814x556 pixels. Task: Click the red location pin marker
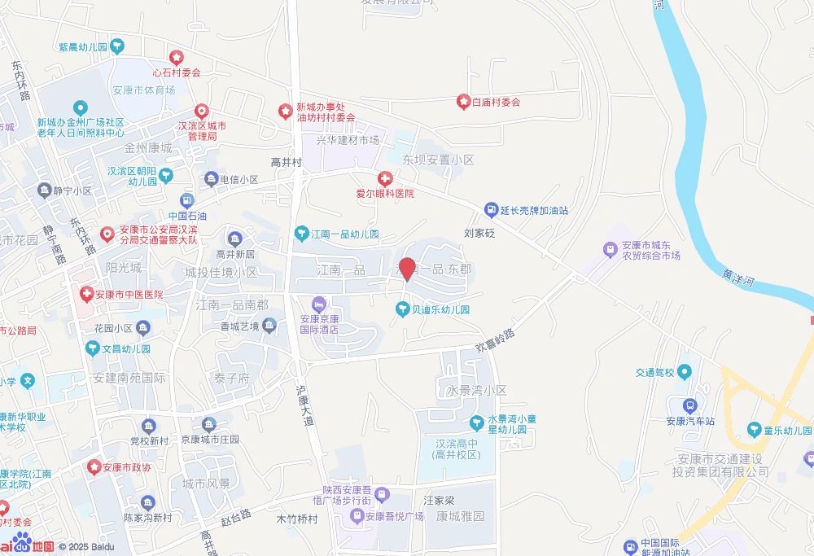[407, 269]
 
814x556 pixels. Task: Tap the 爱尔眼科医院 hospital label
[385, 194]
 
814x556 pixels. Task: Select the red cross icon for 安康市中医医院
[85, 294]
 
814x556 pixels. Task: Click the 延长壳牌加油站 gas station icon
[491, 210]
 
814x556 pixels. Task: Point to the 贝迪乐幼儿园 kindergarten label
[440, 309]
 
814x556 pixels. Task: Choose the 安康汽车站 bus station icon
[689, 405]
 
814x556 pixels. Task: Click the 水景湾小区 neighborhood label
[476, 391]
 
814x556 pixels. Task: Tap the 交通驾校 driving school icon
[684, 372]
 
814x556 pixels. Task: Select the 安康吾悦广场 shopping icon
[356, 516]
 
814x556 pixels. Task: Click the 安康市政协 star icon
[94, 467]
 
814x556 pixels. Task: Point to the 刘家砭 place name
[479, 233]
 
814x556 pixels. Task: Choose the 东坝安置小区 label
[438, 160]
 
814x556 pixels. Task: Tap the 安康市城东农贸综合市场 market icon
[610, 248]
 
